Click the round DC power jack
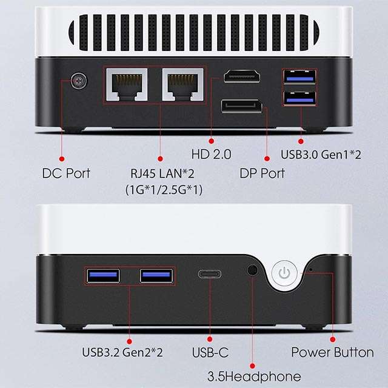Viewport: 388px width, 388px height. tap(79, 81)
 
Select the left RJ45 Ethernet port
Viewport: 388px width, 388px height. tap(127, 85)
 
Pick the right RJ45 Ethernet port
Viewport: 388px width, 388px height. tap(183, 85)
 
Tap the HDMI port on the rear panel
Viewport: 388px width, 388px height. tap(242, 76)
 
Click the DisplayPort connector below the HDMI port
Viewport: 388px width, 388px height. tap(242, 106)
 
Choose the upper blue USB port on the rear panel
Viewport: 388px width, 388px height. tap(299, 77)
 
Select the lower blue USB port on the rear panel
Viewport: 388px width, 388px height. tap(299, 98)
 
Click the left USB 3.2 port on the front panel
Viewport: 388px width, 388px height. tap(103, 276)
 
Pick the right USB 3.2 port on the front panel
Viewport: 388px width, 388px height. tap(156, 276)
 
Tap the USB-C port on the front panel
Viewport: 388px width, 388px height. tap(210, 274)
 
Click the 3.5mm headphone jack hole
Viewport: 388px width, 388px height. tap(252, 270)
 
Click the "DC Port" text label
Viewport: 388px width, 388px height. tap(66, 173)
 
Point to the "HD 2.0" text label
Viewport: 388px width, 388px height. tap(212, 154)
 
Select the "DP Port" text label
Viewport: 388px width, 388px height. tap(263, 173)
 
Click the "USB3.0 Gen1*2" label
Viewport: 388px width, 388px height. tap(321, 155)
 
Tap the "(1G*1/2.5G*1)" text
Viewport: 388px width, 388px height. tap(164, 190)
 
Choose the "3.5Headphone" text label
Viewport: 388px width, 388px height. tap(254, 376)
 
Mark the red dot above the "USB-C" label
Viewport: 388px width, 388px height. tap(210, 339)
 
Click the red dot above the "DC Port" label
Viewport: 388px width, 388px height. tap(62, 159)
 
